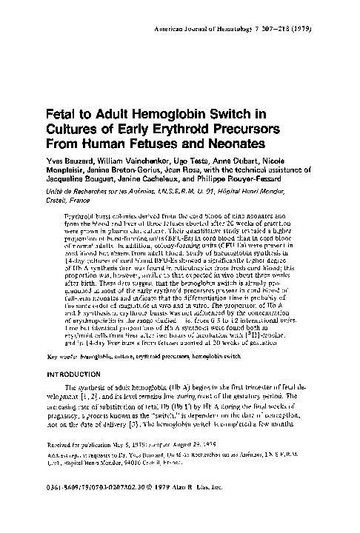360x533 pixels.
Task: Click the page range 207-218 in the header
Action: point(284,15)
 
